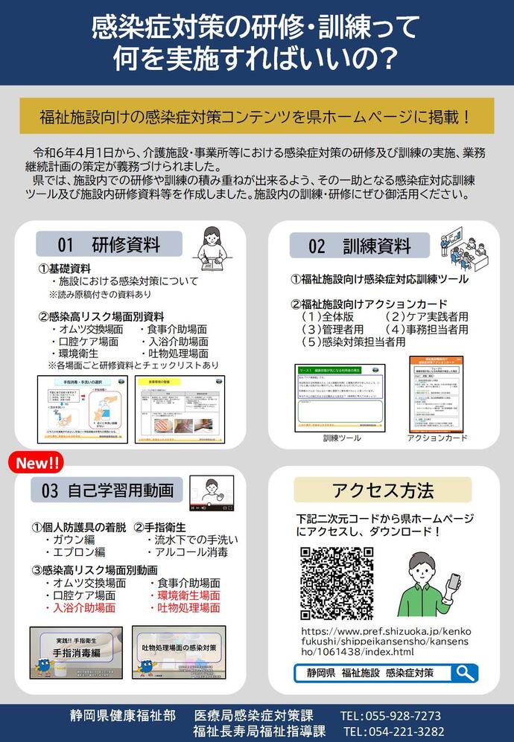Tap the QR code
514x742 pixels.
tap(337, 583)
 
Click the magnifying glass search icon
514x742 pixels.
tap(466, 673)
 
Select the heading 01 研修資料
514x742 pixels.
tap(110, 244)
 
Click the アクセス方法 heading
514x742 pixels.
tap(383, 490)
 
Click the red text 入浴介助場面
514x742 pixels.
tap(83, 608)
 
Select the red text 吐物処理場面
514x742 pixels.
tap(188, 608)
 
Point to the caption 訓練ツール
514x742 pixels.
tap(342, 438)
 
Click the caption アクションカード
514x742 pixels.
tap(437, 438)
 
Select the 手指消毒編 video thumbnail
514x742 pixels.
tap(76, 651)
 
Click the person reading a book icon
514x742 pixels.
tap(210, 246)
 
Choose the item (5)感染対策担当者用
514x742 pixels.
tap(354, 342)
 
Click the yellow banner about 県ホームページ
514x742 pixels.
tap(256, 116)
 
